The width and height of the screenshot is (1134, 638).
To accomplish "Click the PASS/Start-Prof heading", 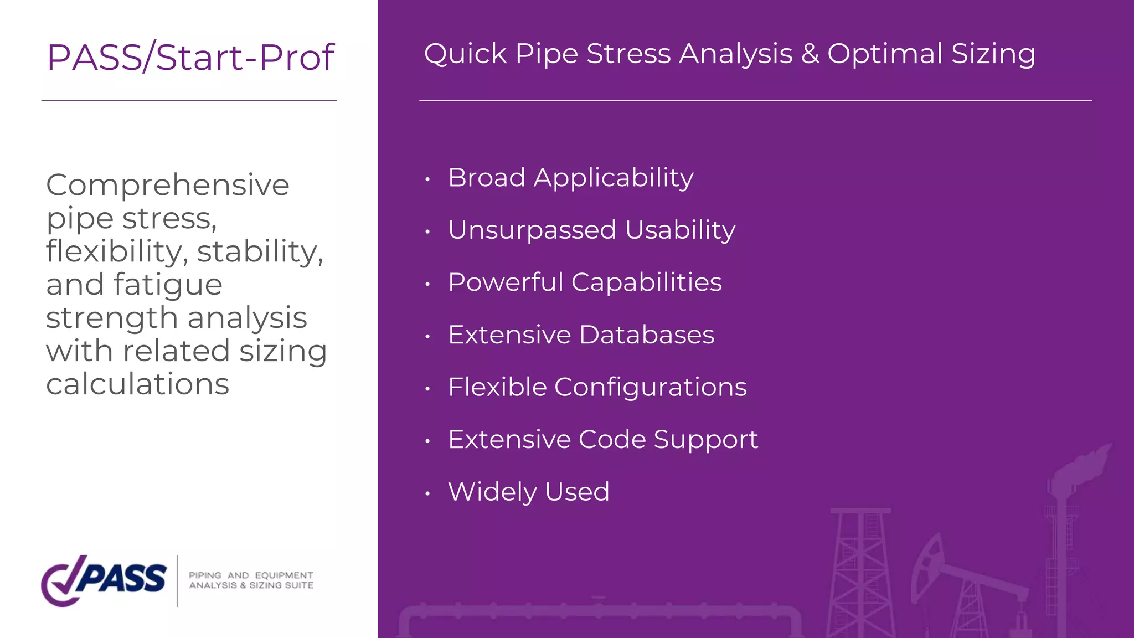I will (x=190, y=57).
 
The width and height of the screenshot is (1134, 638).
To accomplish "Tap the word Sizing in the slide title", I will (x=993, y=54).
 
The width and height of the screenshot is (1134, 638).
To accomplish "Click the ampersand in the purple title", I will (x=810, y=54).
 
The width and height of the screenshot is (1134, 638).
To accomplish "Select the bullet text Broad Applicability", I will (x=570, y=178).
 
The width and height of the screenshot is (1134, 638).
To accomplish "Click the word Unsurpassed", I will (x=532, y=230).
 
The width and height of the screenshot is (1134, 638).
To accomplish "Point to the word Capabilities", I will (x=646, y=282).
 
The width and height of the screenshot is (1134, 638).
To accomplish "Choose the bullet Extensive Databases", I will (x=581, y=335).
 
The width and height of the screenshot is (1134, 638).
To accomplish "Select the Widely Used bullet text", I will (x=528, y=492).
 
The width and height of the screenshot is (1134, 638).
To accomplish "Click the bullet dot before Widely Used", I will (x=427, y=493).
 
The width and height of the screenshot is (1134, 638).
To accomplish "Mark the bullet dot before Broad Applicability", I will (x=427, y=179).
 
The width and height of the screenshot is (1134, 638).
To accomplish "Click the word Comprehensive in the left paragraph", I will (x=167, y=185).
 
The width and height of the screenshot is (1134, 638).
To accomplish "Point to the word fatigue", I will (x=168, y=285).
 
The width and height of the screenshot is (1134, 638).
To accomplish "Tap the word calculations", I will (x=137, y=384).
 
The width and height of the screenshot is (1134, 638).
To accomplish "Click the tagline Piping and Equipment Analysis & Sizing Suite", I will (x=251, y=580).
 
